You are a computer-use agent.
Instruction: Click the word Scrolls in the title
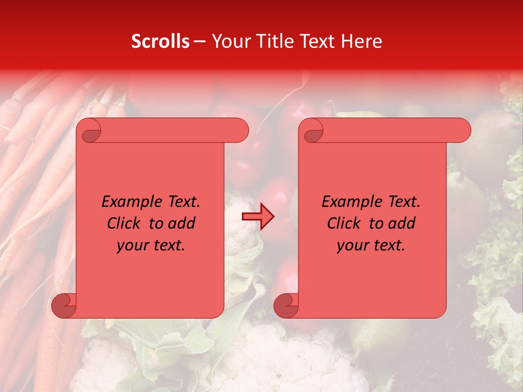pyautogui.click(x=160, y=41)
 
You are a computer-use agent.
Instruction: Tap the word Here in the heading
pyautogui.click(x=361, y=41)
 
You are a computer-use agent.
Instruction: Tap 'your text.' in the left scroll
pyautogui.click(x=151, y=246)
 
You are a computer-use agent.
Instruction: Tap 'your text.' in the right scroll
pyautogui.click(x=371, y=246)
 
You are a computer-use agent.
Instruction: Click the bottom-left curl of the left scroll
pyautogui.click(x=63, y=305)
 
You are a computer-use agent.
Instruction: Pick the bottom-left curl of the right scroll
pyautogui.click(x=285, y=305)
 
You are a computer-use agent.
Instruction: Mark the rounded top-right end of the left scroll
pyautogui.click(x=240, y=131)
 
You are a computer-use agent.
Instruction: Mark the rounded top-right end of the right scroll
pyautogui.click(x=462, y=131)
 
